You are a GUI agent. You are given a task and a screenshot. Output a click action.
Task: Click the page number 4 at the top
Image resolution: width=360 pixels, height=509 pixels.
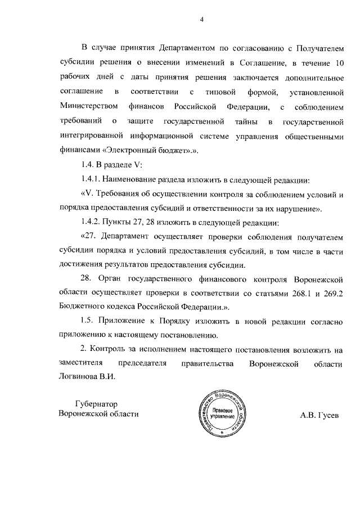[x=201, y=21]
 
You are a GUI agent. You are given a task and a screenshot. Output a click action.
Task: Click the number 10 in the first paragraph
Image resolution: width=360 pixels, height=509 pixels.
[x=337, y=62]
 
